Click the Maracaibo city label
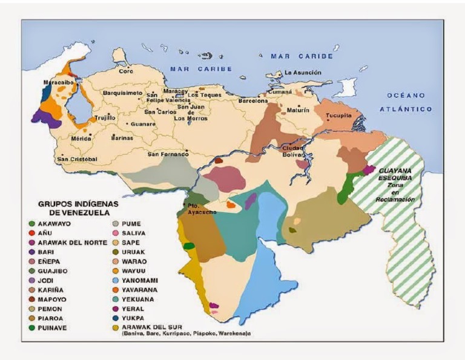(x=58, y=82)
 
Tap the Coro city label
(x=126, y=71)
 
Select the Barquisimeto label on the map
(x=122, y=93)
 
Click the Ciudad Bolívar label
(x=293, y=152)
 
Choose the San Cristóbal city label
(x=77, y=159)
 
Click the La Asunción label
(x=301, y=73)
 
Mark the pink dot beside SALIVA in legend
(x=116, y=233)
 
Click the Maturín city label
(x=298, y=110)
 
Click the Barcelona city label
(x=252, y=101)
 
